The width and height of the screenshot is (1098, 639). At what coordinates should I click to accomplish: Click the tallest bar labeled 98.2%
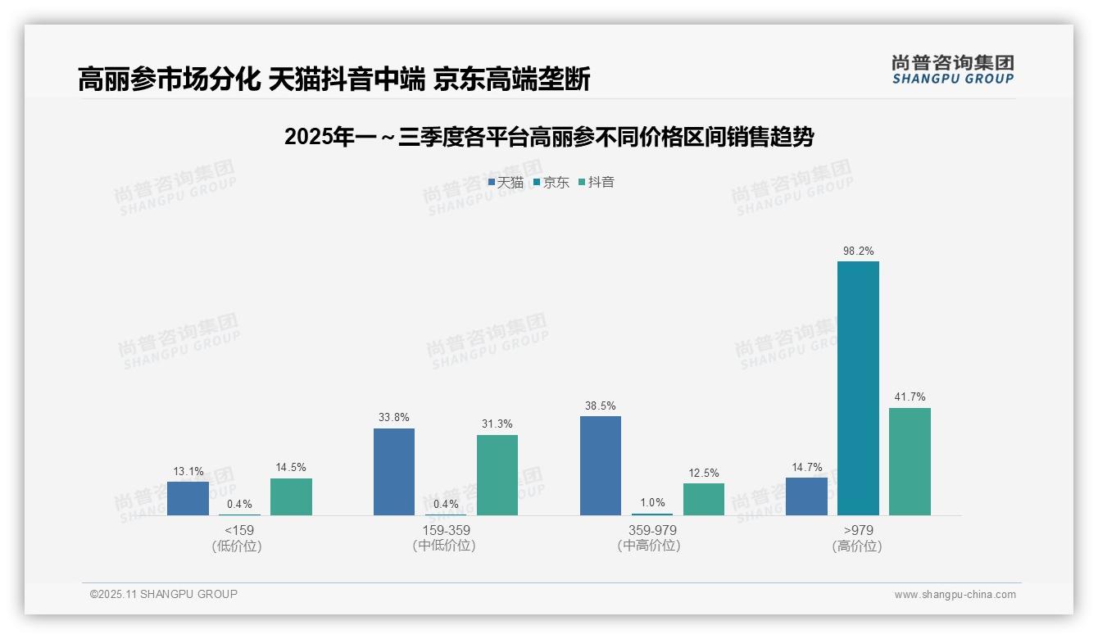tap(858, 388)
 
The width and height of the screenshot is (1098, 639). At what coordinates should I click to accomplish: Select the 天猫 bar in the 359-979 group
tap(601, 465)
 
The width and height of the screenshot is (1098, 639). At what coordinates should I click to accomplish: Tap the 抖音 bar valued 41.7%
tap(910, 461)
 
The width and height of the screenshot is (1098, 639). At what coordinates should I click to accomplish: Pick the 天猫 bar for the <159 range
tap(188, 498)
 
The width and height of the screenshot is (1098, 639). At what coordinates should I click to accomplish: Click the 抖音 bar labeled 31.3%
tap(497, 475)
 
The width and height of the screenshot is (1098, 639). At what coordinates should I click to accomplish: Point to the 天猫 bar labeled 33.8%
tap(394, 472)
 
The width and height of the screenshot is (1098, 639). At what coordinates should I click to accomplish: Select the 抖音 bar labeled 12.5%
tap(704, 499)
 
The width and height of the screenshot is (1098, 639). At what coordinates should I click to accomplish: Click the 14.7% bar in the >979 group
tap(806, 496)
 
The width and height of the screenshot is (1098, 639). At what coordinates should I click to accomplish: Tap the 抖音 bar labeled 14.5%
tap(291, 496)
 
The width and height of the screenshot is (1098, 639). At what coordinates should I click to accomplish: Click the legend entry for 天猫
tap(506, 182)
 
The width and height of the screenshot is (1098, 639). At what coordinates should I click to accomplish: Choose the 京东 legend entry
tap(551, 182)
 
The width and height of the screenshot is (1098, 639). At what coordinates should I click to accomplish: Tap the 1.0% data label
tap(652, 503)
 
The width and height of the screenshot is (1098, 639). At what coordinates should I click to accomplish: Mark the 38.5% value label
tap(601, 406)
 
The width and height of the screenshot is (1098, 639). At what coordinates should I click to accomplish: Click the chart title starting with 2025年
tap(549, 137)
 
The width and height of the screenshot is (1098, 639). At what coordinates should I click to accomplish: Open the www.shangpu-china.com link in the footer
tap(955, 595)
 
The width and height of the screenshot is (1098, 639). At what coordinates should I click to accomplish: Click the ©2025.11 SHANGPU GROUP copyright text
tap(164, 594)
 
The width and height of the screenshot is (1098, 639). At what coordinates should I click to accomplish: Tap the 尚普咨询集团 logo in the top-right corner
tap(952, 69)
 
